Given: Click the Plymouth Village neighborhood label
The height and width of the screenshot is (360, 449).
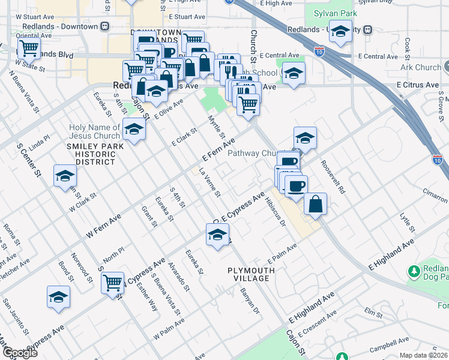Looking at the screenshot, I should (251, 275).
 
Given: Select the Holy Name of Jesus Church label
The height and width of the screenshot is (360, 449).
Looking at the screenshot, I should (95, 131).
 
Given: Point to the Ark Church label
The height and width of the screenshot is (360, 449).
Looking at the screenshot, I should (420, 68).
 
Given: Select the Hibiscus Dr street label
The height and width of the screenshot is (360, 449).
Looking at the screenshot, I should (274, 211).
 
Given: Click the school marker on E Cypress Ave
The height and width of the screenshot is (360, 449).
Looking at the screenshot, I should (217, 233).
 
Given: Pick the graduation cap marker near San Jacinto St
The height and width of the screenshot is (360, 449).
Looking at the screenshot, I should (58, 297).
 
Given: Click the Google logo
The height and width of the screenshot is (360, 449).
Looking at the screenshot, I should (20, 353).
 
